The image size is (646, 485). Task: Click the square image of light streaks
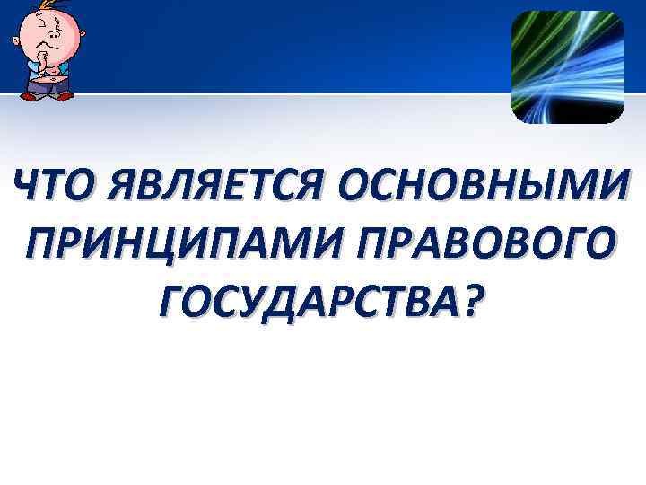click(567, 66)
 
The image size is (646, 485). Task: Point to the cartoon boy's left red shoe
click(30, 95)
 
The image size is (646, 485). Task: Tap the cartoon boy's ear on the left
click(17, 40)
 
